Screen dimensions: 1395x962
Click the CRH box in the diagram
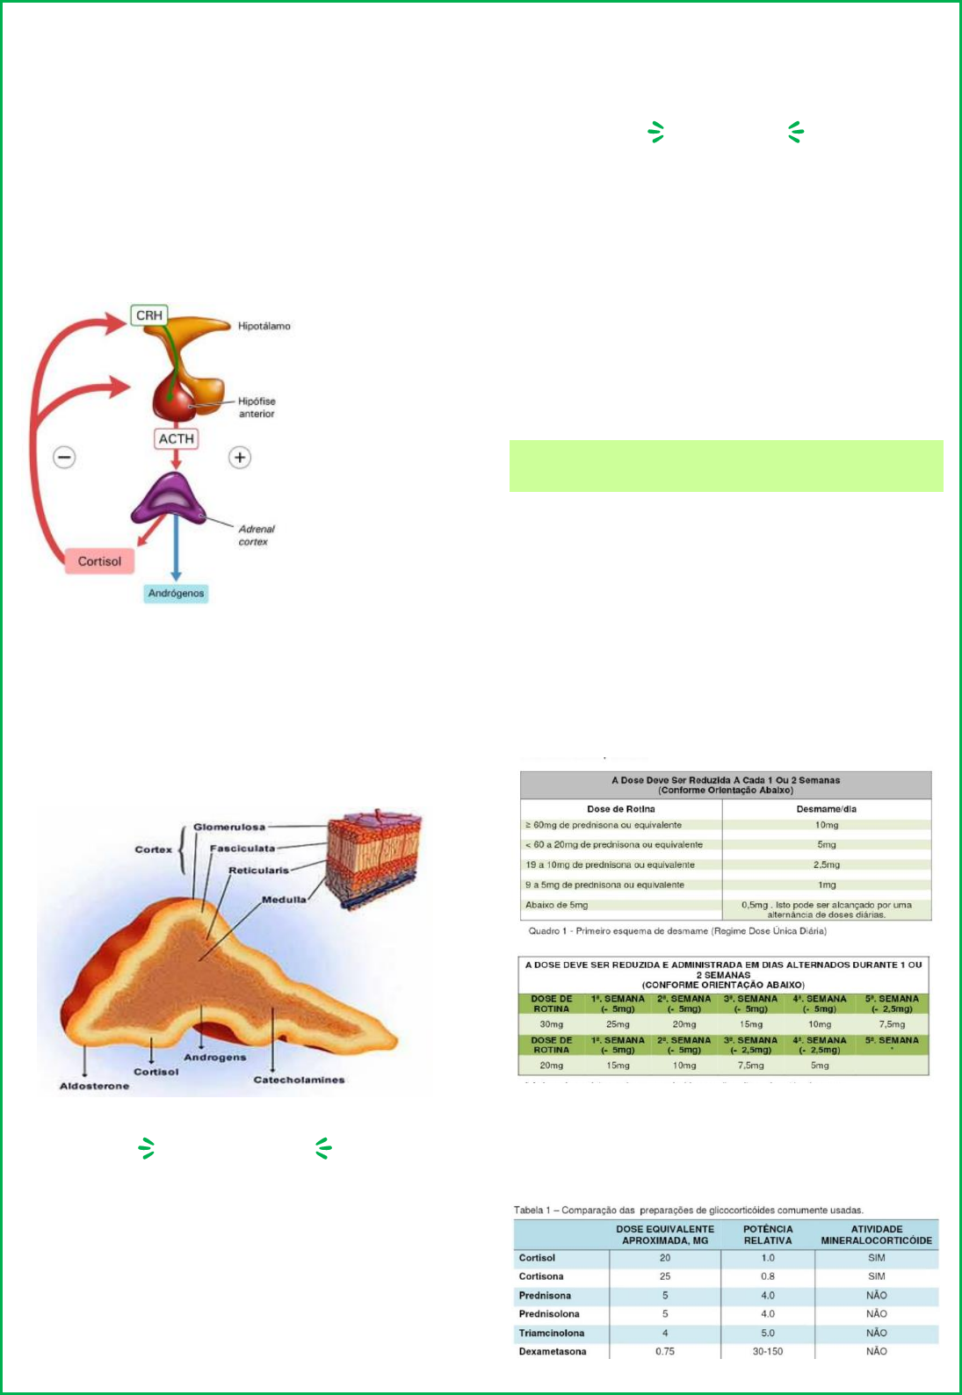tap(148, 315)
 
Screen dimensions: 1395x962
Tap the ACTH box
tap(176, 438)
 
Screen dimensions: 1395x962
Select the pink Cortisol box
tap(99, 561)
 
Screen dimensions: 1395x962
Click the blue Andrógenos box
tap(176, 594)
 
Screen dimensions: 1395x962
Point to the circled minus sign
tap(64, 457)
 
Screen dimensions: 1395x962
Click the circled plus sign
tap(240, 457)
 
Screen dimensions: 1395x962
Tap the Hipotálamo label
tap(264, 326)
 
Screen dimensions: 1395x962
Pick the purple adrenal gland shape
tap(170, 498)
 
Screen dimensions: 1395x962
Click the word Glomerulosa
tap(228, 827)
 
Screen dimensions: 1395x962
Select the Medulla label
tap(284, 900)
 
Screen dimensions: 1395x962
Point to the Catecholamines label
tap(299, 1080)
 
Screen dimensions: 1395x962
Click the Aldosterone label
tap(94, 1087)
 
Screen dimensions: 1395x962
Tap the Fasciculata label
tap(242, 849)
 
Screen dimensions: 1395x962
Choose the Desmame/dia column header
tap(826, 809)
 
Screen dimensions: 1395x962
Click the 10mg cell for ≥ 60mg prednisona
tap(826, 825)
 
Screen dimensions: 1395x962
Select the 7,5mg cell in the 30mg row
tap(892, 1024)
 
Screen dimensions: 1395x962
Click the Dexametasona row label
tap(552, 1351)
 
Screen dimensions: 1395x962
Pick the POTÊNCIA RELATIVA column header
tap(768, 1235)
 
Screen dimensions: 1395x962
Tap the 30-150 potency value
tap(767, 1351)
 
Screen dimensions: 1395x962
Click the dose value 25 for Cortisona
tap(664, 1276)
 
